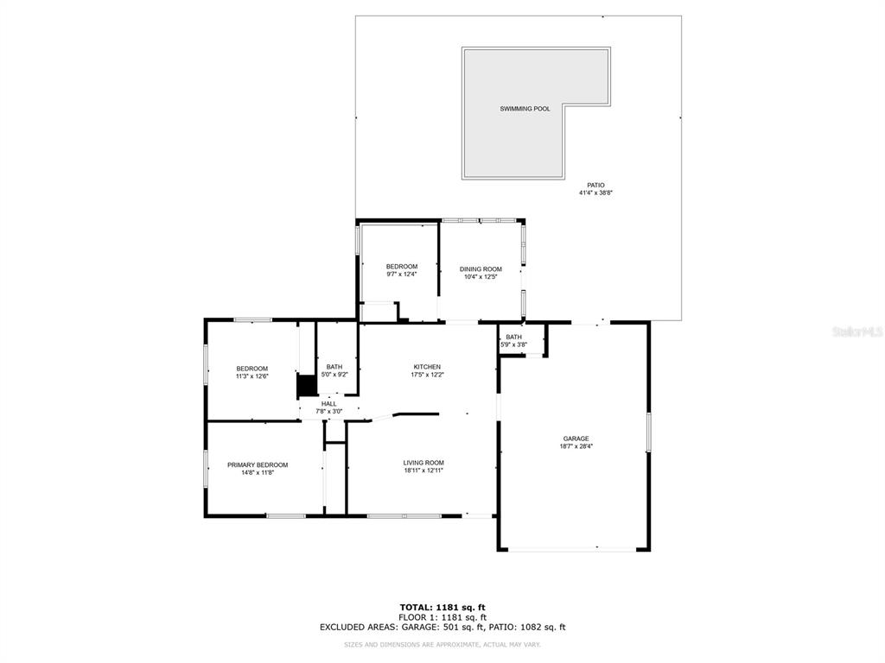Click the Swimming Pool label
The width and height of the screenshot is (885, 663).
525,109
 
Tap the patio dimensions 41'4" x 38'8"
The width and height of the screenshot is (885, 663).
595,193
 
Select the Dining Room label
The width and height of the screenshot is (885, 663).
481,269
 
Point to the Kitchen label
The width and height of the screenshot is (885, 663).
427,367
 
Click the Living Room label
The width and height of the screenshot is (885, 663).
423,463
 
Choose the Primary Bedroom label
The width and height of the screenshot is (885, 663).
258,465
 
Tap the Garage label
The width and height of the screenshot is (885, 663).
576,439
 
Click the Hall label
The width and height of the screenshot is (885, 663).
329,404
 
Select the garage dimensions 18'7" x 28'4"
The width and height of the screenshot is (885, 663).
576,446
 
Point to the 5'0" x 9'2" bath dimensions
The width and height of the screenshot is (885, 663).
334,375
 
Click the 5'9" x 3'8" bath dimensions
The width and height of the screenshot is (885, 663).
513,344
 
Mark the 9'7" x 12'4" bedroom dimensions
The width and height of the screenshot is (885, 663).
402,275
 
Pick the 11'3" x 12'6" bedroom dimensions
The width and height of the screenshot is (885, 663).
251,376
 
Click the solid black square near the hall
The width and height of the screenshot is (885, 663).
307,386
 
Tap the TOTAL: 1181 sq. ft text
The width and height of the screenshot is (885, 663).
442,607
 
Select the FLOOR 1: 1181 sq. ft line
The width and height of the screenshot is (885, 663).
442,617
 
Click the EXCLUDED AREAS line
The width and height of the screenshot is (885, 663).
442,627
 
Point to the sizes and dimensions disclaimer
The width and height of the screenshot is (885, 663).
442,644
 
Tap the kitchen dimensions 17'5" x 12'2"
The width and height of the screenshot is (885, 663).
427,375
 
